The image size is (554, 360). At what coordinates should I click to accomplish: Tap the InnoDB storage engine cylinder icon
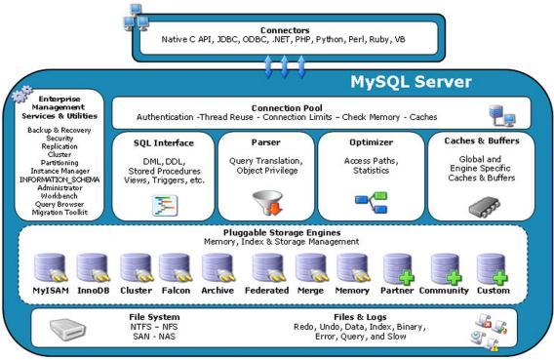coord(93,267)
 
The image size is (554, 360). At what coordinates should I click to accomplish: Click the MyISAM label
coord(48,290)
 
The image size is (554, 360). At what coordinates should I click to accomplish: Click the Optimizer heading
coord(371,142)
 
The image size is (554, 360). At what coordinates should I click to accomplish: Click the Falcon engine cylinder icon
coord(176,267)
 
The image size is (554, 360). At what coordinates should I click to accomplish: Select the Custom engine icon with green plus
coord(492,267)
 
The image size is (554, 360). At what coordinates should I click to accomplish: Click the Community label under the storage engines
coord(444,290)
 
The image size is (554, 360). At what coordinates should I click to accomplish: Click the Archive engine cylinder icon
coord(217,267)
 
